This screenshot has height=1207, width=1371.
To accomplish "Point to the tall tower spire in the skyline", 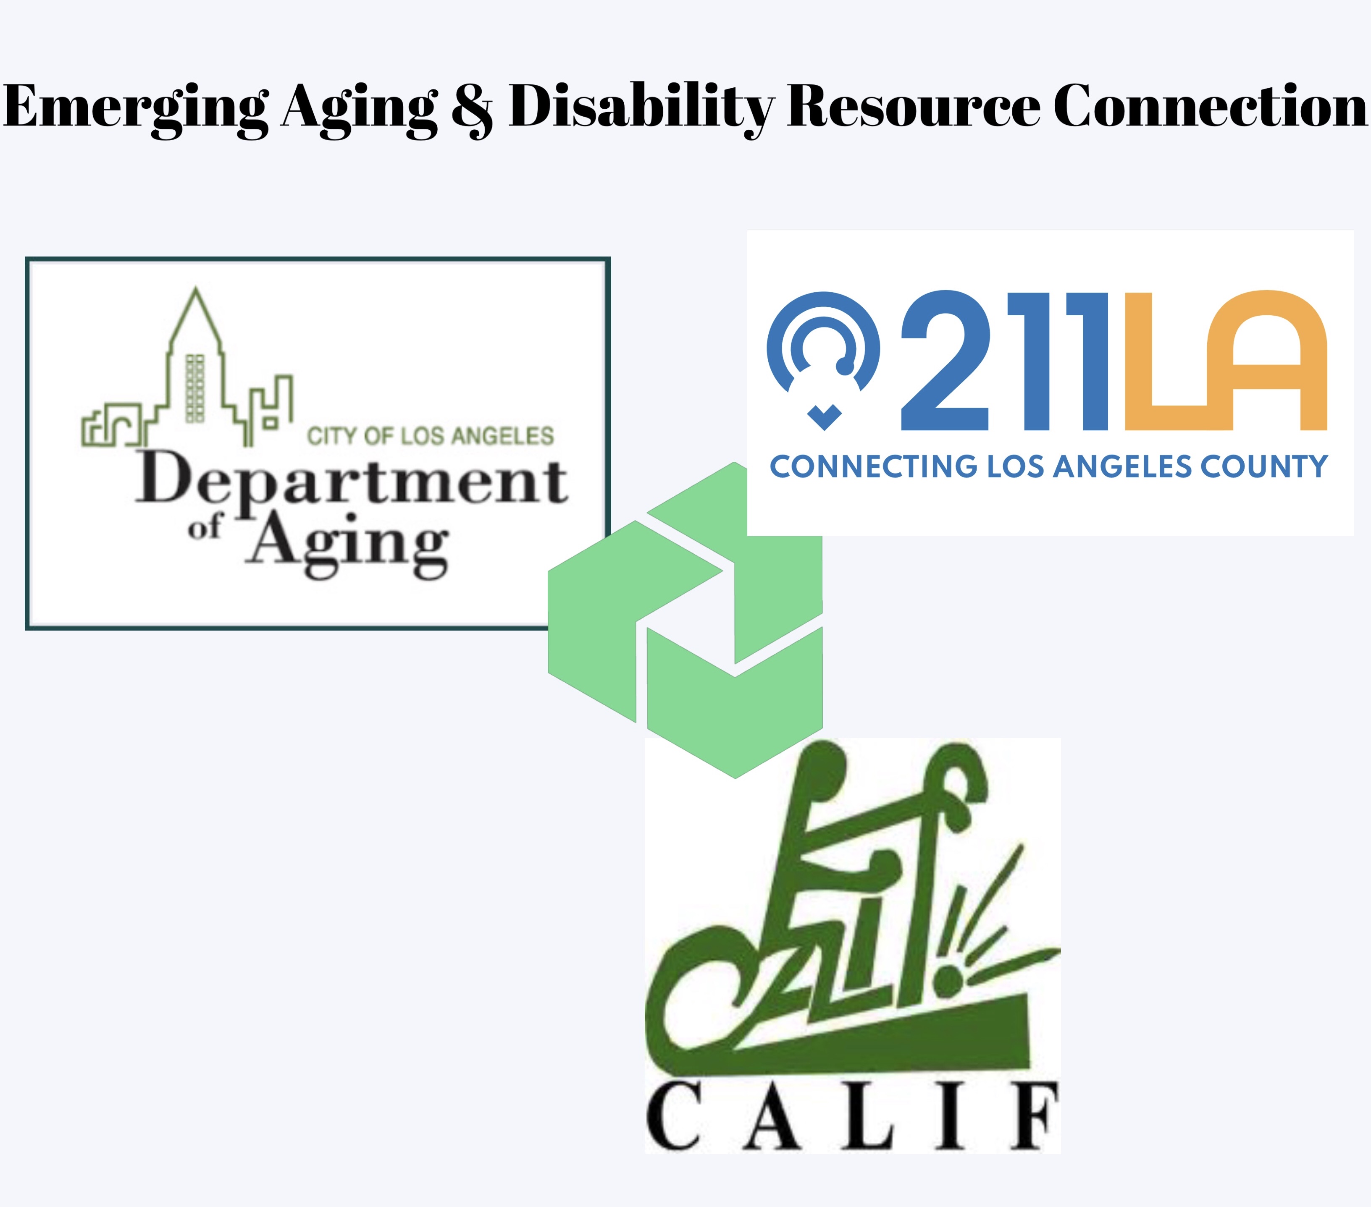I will click(195, 315).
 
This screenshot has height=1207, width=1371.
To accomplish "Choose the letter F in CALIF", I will click(1036, 1116).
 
